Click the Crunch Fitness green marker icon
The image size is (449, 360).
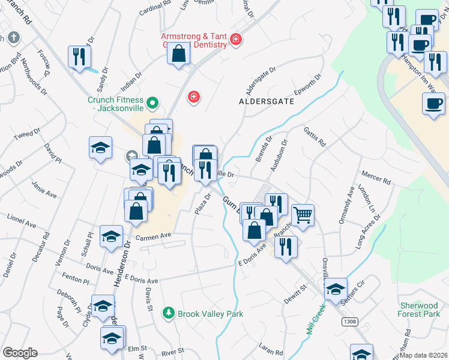click(152, 103)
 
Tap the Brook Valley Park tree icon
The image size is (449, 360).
click(169, 313)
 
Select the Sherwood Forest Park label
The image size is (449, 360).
click(419, 310)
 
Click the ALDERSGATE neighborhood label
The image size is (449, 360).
click(267, 101)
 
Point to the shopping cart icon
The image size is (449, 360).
click(303, 214)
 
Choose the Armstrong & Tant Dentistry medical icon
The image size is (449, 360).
click(236, 40)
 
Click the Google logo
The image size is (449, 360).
click(20, 353)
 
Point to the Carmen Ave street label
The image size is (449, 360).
click(154, 237)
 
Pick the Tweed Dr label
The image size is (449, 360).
click(26, 133)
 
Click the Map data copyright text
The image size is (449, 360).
click(423, 355)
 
